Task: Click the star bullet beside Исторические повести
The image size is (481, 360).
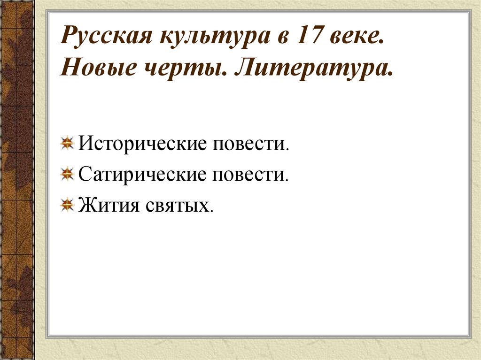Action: click(69, 142)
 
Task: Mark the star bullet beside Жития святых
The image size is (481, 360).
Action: click(69, 205)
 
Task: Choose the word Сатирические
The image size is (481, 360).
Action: click(143, 175)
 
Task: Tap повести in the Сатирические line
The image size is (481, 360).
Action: click(251, 175)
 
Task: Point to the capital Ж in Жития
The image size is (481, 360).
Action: click(86, 206)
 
